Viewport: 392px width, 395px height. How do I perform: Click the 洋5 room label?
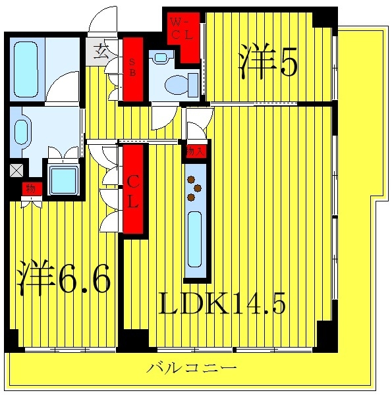(x=268, y=61)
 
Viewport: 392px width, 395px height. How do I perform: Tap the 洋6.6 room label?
(x=63, y=278)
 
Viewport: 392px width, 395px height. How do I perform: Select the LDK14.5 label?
(x=222, y=303)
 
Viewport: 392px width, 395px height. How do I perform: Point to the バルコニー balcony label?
(x=192, y=368)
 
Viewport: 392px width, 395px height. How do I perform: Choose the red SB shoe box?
(x=133, y=69)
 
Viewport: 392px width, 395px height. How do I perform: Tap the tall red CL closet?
(x=133, y=189)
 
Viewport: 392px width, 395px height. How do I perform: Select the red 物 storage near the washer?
(x=32, y=189)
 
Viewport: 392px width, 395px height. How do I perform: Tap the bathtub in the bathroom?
(x=26, y=69)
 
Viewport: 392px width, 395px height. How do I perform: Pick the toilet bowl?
(x=177, y=85)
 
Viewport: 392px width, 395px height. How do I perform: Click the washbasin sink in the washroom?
(x=22, y=132)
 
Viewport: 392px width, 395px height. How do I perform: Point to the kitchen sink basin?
(x=195, y=239)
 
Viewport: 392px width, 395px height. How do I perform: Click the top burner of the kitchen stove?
(x=191, y=180)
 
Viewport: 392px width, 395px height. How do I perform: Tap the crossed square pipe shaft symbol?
(x=16, y=171)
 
